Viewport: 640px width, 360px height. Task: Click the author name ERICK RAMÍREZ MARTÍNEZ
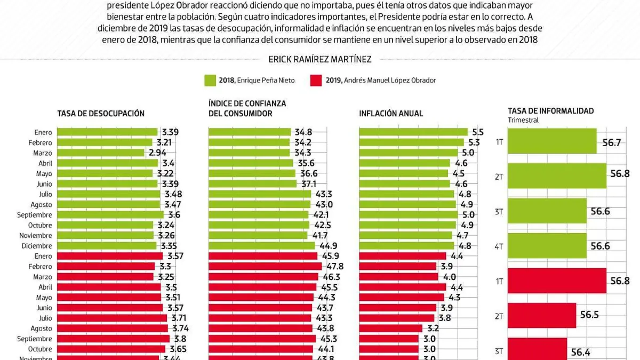click(x=319, y=59)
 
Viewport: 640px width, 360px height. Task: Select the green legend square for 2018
click(x=210, y=81)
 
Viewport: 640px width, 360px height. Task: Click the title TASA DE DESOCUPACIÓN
click(x=101, y=114)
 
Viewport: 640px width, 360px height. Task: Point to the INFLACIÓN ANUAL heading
click(x=391, y=114)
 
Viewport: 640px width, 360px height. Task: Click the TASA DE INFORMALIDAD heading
click(x=550, y=111)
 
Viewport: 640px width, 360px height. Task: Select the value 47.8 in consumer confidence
click(x=333, y=266)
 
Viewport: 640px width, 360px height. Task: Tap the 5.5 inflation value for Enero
click(x=477, y=132)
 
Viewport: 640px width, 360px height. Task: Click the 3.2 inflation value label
click(x=432, y=329)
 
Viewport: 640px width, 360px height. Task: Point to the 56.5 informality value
click(x=589, y=315)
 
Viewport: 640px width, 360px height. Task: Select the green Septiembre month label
click(x=35, y=215)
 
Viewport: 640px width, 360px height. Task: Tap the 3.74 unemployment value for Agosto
click(x=179, y=329)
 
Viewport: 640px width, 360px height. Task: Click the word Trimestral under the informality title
click(x=523, y=121)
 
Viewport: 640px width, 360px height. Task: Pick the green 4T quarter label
click(x=499, y=246)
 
